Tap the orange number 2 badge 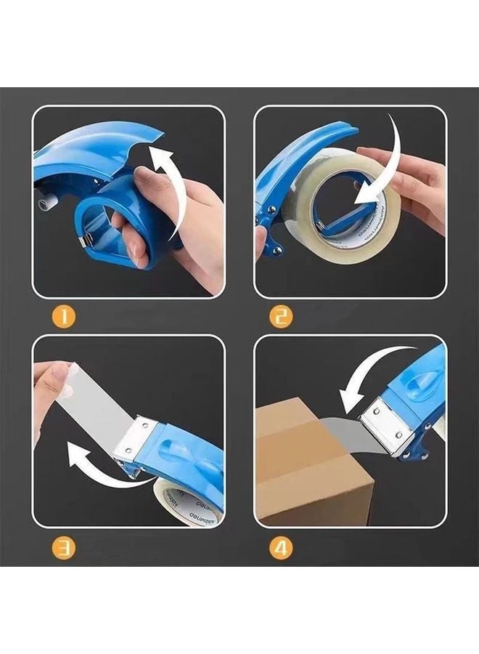coord(281,317)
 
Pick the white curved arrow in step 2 coord(389,167)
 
